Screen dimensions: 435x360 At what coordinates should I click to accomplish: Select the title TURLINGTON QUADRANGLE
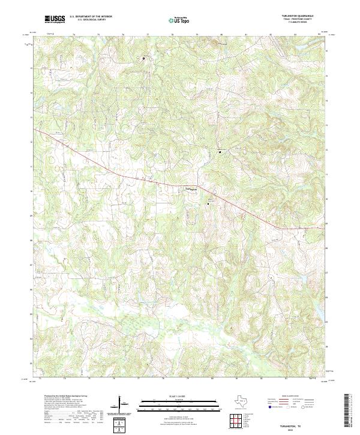[301, 17]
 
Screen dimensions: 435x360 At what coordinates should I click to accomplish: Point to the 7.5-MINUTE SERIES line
[301, 24]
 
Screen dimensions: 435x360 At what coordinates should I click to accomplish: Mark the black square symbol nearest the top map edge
[144, 58]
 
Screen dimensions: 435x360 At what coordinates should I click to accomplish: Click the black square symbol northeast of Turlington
[220, 152]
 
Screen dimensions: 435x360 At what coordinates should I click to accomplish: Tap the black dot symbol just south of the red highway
[208, 204]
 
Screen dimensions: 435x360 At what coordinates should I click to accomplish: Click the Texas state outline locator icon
[244, 403]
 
